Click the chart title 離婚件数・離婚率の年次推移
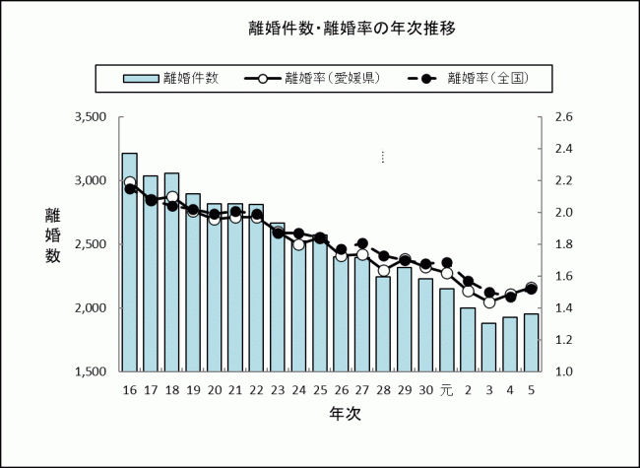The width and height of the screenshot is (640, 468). [352, 28]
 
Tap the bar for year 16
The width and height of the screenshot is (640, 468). [129, 262]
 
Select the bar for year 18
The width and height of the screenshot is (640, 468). [171, 272]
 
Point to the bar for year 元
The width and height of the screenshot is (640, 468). [446, 330]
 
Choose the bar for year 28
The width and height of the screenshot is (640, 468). [383, 324]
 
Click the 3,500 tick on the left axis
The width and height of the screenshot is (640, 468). [90, 117]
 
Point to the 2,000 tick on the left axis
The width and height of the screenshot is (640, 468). [90, 308]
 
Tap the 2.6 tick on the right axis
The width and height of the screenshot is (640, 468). [563, 117]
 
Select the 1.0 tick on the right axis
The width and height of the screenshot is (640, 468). [563, 371]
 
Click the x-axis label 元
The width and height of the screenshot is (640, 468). [446, 389]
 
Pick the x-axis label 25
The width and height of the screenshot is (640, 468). [320, 389]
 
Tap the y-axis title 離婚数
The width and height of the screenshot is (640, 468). [52, 235]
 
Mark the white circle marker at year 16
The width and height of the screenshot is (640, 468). [129, 182]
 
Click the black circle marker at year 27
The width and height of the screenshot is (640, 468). [362, 243]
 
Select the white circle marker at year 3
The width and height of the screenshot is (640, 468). [488, 302]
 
